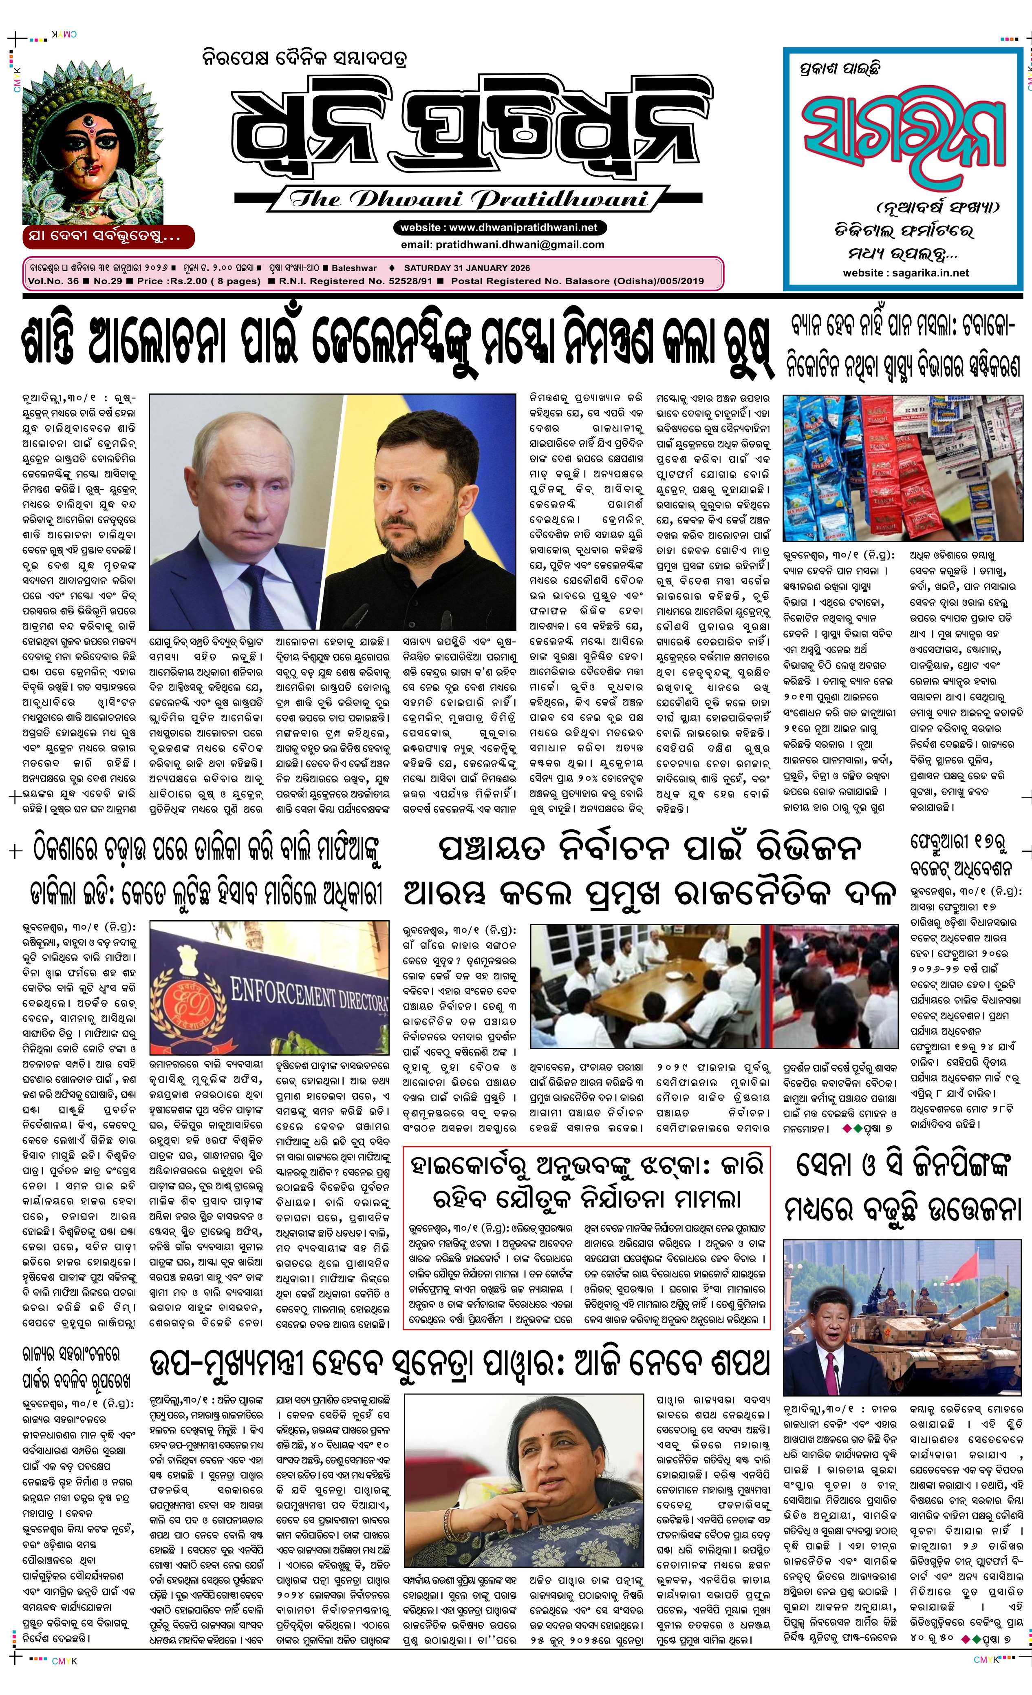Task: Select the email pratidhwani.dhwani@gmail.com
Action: pyautogui.click(x=503, y=244)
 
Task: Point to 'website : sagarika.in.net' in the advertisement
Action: pyautogui.click(x=906, y=272)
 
